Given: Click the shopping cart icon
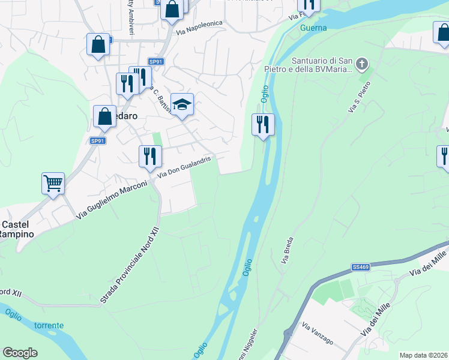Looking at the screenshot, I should [53, 183].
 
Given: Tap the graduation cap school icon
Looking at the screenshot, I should [182, 104].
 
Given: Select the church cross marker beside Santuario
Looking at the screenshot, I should [361, 63].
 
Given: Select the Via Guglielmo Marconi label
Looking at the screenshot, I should [112, 200].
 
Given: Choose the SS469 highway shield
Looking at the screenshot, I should [360, 266].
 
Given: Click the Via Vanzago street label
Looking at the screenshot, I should [318, 334].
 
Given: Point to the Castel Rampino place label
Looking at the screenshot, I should [16, 229].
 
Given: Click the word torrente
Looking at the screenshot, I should [49, 325].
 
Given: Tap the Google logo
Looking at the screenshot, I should [20, 353].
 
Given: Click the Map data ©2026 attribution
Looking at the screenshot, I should [423, 355].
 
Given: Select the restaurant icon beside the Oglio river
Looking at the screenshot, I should [262, 124].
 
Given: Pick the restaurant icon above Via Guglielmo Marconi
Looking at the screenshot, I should [149, 155].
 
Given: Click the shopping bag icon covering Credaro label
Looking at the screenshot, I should [104, 116].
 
